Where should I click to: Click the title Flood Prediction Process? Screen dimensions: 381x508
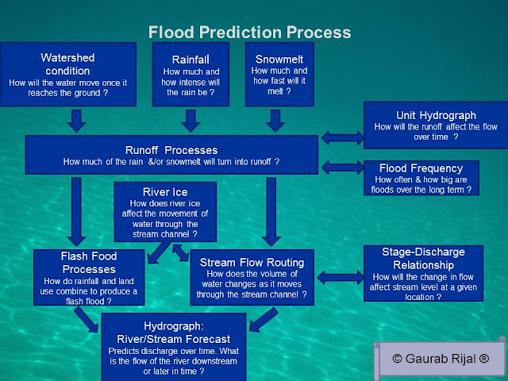tap(249, 33)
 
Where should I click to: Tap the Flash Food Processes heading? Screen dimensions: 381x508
tap(89, 262)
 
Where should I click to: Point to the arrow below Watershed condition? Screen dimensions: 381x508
tap(75, 120)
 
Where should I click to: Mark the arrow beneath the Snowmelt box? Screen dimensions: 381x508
tap(275, 120)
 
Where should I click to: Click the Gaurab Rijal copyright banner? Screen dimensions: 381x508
tap(441, 357)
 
